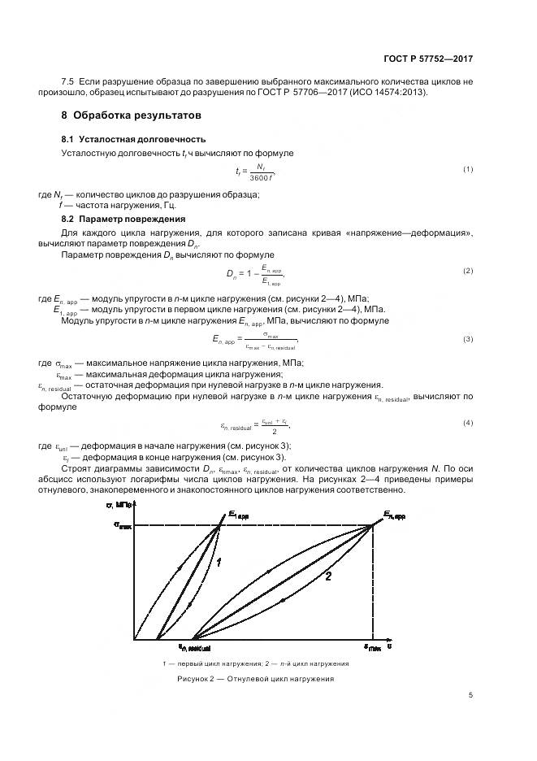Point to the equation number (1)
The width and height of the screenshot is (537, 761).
468,168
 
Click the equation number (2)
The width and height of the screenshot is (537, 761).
468,270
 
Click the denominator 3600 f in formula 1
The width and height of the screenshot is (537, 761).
262,177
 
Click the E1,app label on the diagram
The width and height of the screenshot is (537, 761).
238,514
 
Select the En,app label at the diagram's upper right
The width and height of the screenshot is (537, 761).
394,515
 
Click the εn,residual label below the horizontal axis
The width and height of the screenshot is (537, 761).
195,647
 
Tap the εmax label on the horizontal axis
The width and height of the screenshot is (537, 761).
373,648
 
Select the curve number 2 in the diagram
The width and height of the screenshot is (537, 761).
327,576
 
